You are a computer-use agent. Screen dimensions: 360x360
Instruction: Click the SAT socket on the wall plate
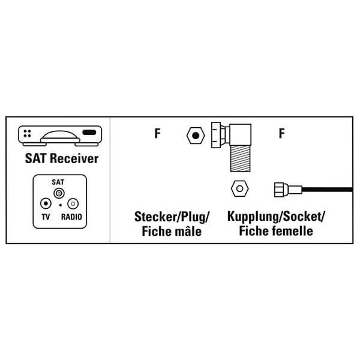[59, 193]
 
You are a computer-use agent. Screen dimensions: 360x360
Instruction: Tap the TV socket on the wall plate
[46, 203]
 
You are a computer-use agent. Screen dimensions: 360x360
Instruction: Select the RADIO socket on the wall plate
[73, 203]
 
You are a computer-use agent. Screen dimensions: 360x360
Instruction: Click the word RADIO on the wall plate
[71, 217]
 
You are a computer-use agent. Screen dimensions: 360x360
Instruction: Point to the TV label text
[46, 217]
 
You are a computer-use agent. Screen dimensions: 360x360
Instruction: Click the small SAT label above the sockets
[58, 182]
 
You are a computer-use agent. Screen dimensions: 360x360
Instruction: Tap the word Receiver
[74, 158]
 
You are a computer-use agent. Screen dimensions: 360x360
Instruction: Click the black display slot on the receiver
[89, 133]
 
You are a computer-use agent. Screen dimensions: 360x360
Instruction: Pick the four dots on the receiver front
[27, 133]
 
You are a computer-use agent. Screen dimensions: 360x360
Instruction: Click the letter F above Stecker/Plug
[157, 133]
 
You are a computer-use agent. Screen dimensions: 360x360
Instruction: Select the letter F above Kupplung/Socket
[282, 133]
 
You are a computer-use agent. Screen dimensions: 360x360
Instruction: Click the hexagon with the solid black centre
[196, 136]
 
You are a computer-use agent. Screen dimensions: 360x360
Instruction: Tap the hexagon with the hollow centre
[239, 189]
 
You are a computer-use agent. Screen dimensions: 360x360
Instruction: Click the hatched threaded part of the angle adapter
[240, 158]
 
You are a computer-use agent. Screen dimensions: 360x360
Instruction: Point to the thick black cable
[327, 190]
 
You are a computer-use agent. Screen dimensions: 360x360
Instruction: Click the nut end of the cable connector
[280, 190]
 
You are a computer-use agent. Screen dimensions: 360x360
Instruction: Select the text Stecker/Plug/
[172, 217]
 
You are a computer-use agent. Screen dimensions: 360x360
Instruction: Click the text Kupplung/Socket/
[276, 217]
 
